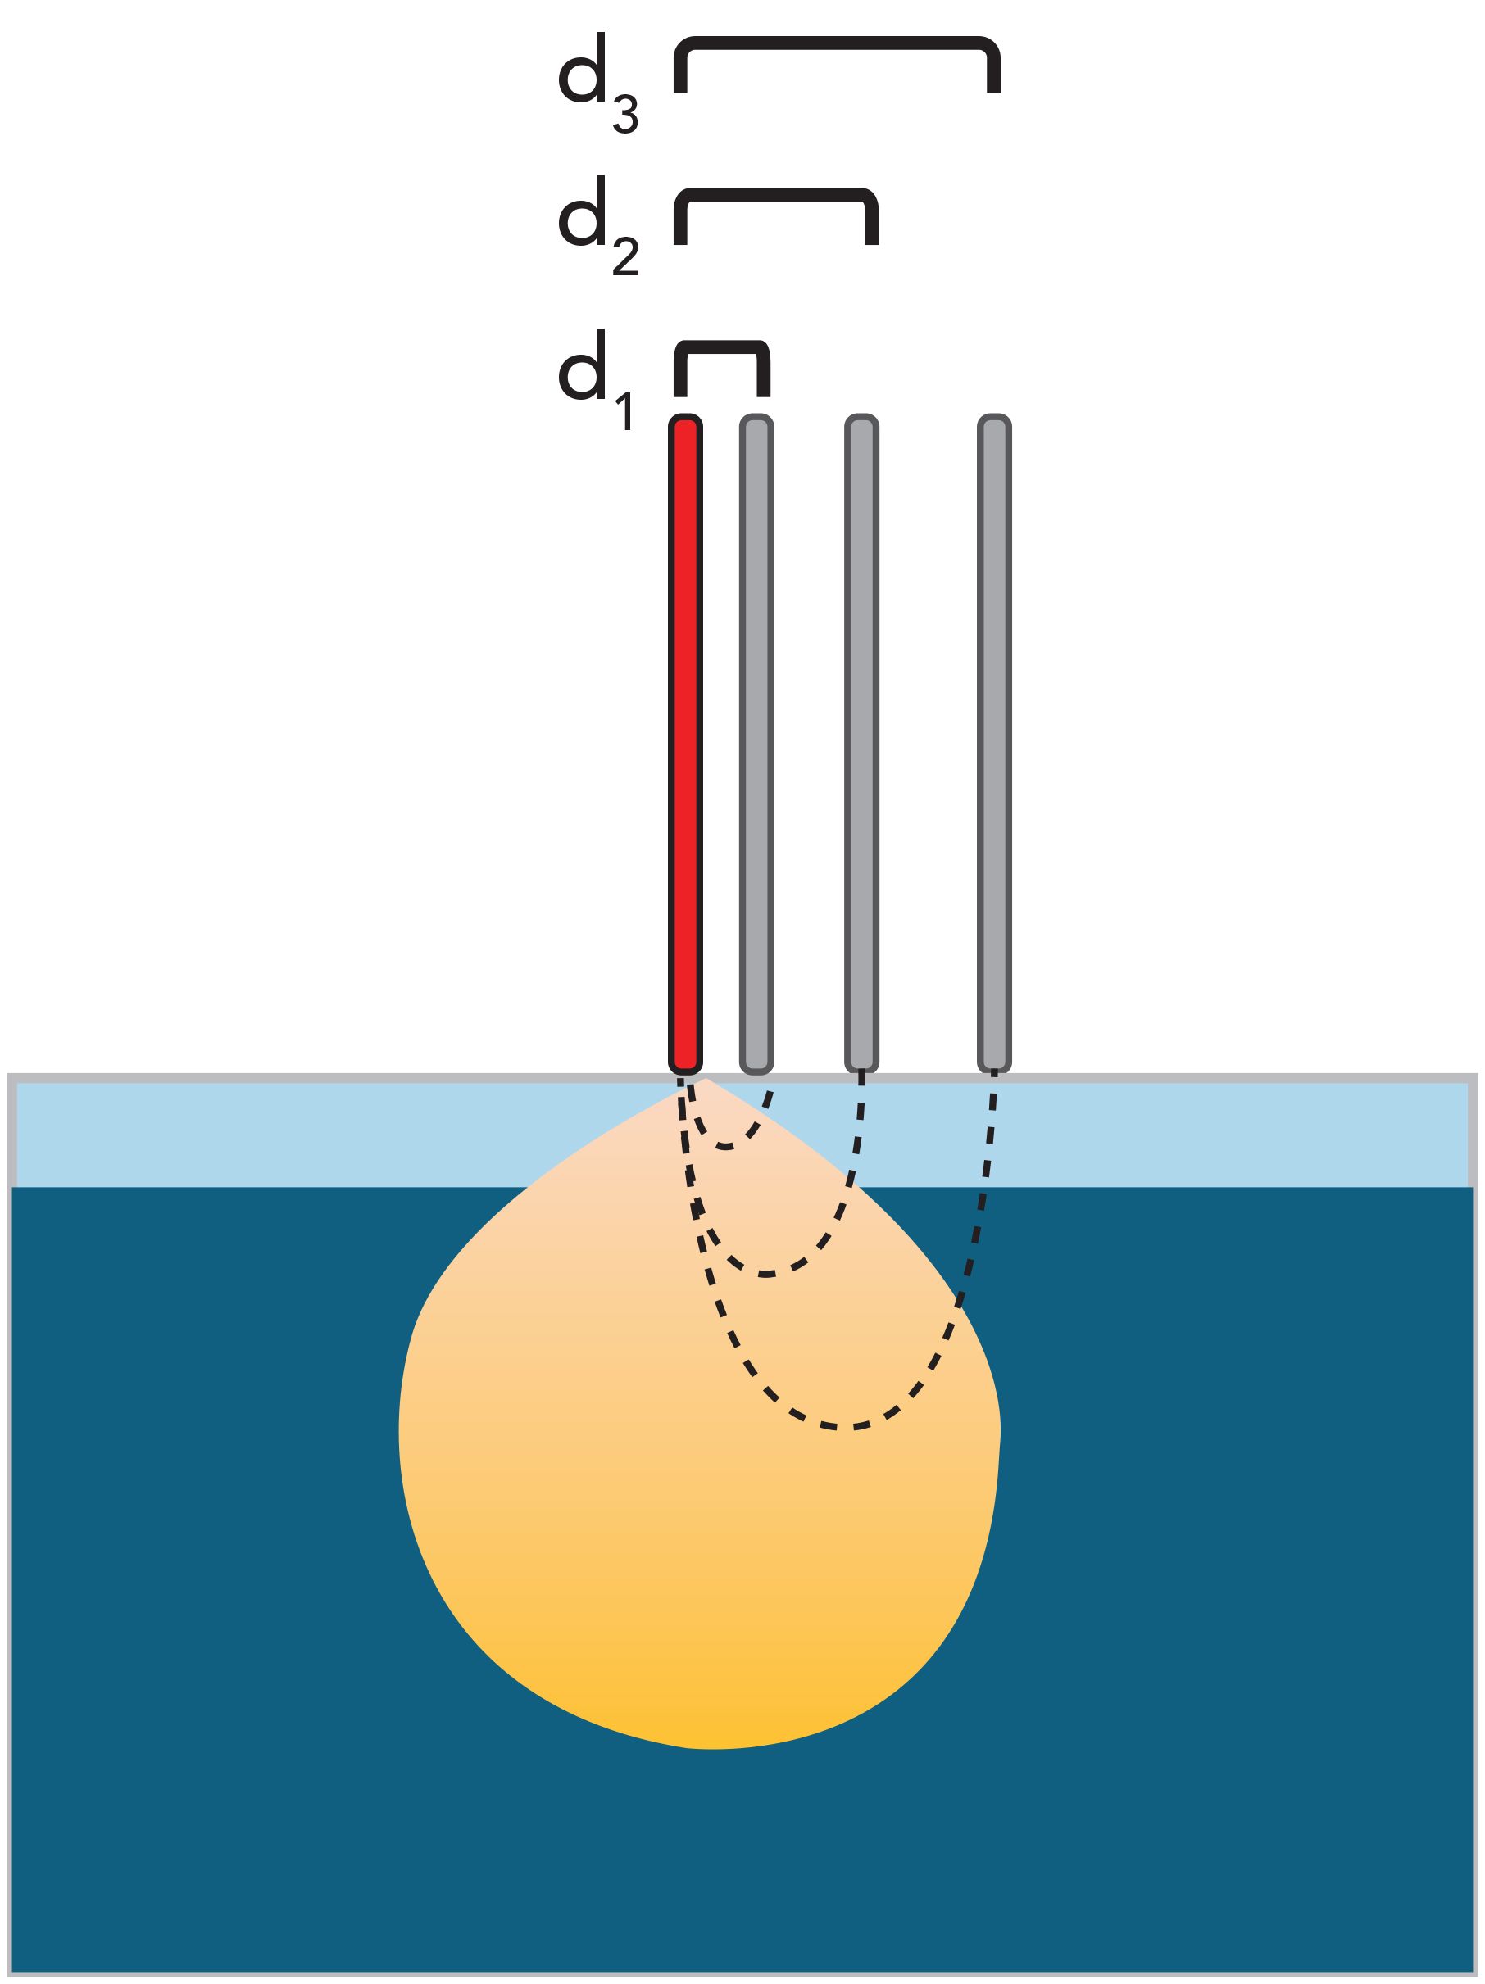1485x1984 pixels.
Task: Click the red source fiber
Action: pyautogui.click(x=684, y=745)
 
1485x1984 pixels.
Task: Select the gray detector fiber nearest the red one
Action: pyautogui.click(x=756, y=745)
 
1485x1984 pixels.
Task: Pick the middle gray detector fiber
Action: pyautogui.click(x=861, y=745)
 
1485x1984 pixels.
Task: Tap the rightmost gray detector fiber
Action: pyautogui.click(x=993, y=745)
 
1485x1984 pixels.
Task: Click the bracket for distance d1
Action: pyautogui.click(x=721, y=347)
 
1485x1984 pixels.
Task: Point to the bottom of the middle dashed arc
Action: pyautogui.click(x=765, y=1274)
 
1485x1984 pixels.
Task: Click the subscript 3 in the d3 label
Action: pyautogui.click(x=625, y=116)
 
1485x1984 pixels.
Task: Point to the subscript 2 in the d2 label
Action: pyautogui.click(x=625, y=258)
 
